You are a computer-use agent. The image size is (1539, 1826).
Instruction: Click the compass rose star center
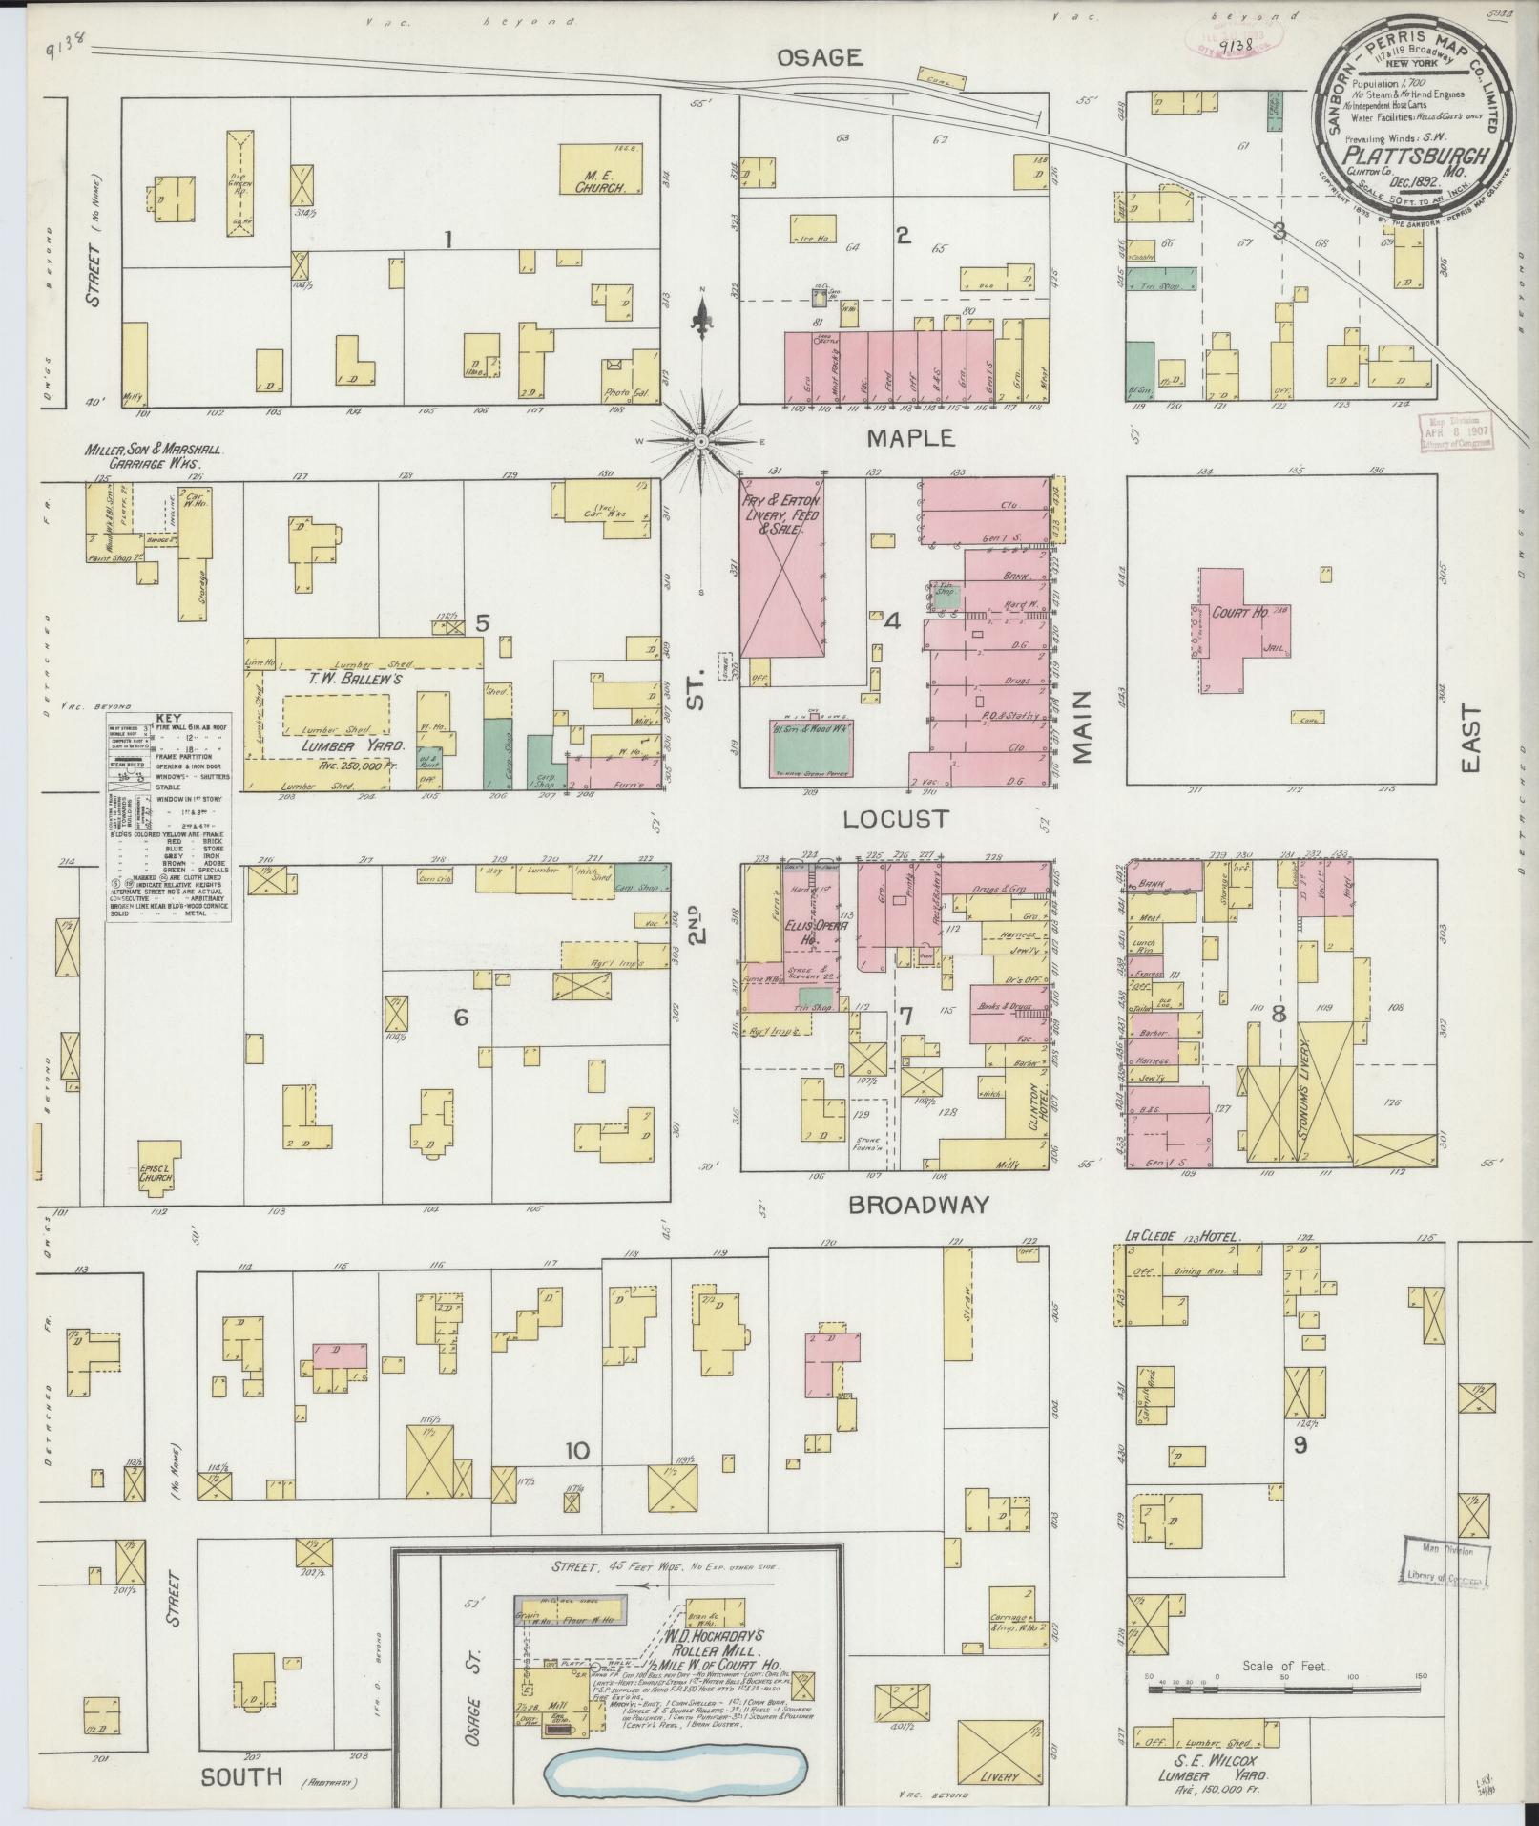click(700, 441)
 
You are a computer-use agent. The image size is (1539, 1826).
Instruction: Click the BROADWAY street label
click(919, 1205)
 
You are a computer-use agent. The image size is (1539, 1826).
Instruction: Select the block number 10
click(575, 1479)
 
